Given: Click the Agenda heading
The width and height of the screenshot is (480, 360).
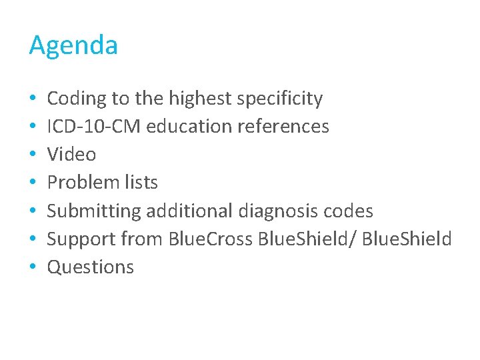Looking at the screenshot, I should [73, 46].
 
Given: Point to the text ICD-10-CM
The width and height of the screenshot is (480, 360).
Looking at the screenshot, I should [94, 126].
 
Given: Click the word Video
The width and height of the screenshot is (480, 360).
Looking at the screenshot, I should [71, 155].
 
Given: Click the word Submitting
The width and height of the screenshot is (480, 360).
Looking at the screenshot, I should [94, 211].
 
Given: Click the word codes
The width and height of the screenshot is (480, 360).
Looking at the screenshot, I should [349, 211].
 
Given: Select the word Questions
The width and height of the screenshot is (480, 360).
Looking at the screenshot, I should [91, 267].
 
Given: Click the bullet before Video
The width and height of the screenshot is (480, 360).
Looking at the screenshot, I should [33, 155].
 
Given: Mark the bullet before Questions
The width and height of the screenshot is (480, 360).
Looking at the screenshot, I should [33, 267].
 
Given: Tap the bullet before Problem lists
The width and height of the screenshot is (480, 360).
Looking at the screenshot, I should [33, 183].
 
